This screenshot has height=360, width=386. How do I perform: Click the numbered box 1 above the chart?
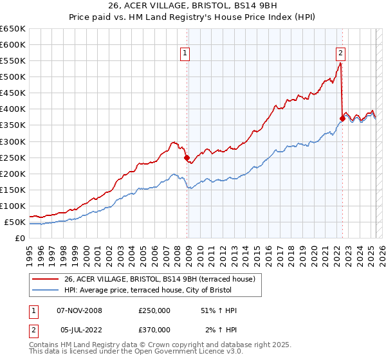[185, 54]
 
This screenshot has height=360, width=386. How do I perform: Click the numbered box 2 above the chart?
[340, 54]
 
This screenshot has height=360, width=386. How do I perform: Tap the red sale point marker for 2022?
[342, 118]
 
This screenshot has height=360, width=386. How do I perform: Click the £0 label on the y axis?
[20, 239]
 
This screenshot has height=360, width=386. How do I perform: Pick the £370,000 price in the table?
[154, 329]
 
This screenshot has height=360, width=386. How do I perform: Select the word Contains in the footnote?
[45, 345]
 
